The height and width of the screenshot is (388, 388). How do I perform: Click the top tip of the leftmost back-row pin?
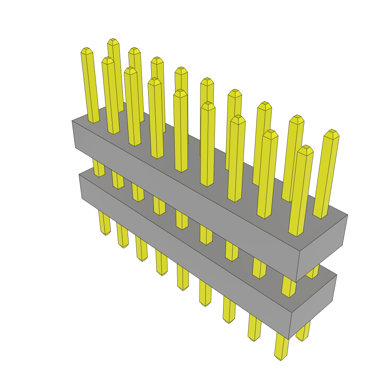(x=113, y=40)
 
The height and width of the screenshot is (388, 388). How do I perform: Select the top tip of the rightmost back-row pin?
(x=333, y=131)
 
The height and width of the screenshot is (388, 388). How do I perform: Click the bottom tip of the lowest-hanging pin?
(x=280, y=359)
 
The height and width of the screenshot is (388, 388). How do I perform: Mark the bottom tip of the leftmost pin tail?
(x=106, y=233)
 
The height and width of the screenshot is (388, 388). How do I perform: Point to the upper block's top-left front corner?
(x=72, y=121)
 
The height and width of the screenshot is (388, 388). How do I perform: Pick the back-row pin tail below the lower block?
(x=304, y=332)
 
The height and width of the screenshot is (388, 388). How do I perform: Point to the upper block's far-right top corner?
(x=347, y=215)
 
